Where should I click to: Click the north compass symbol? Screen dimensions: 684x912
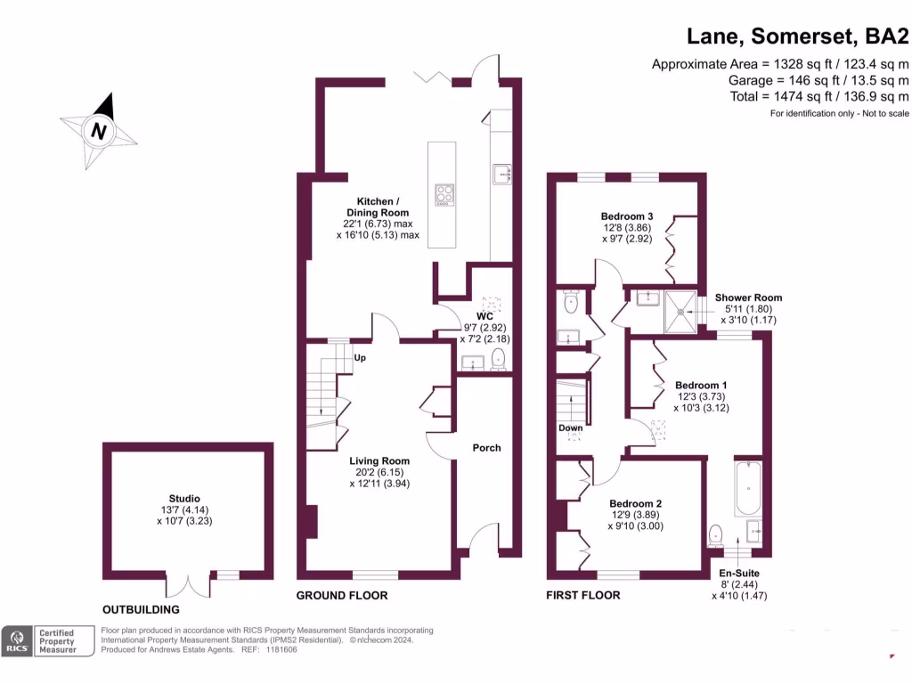coord(100,131)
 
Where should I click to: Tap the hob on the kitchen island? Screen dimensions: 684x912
coord(443,195)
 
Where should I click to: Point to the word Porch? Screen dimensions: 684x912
coord(486,448)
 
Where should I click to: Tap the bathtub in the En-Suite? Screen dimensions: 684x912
coord(747,488)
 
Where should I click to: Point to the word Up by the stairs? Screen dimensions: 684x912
coord(361,358)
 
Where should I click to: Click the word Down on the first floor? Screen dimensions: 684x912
coord(571,428)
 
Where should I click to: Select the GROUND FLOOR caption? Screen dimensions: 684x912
coord(342,595)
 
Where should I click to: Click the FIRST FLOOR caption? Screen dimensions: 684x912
coord(583,595)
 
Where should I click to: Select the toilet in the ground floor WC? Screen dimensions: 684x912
coord(498,359)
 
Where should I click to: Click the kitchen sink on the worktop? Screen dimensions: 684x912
coord(500,174)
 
